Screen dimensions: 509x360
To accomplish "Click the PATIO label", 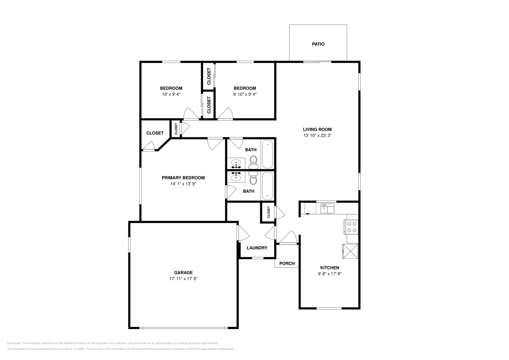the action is [x=318, y=44].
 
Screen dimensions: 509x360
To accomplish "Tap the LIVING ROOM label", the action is [x=317, y=129].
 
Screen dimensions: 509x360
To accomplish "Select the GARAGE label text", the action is [x=183, y=273].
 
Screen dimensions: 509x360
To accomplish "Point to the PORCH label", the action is [x=287, y=263].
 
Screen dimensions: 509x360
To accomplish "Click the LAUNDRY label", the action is [x=257, y=248].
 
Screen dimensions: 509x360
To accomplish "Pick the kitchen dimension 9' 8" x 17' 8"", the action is [x=330, y=274].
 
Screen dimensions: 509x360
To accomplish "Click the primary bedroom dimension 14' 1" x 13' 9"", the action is [x=183, y=184].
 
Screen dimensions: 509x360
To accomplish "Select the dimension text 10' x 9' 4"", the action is [x=171, y=94].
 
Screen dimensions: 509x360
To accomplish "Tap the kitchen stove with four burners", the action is [x=351, y=227].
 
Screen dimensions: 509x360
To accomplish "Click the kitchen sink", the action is [x=327, y=209].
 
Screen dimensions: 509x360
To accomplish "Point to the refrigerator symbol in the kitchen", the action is [x=350, y=251].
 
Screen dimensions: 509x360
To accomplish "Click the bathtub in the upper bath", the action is [x=268, y=154].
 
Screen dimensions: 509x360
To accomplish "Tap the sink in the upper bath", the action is [x=236, y=163].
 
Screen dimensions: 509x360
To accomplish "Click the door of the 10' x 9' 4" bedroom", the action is [x=191, y=113].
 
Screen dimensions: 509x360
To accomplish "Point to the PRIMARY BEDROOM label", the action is [x=183, y=178].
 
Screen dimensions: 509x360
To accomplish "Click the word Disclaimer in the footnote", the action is [x=14, y=343].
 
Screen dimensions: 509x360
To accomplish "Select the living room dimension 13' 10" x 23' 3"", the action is [x=317, y=135].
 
